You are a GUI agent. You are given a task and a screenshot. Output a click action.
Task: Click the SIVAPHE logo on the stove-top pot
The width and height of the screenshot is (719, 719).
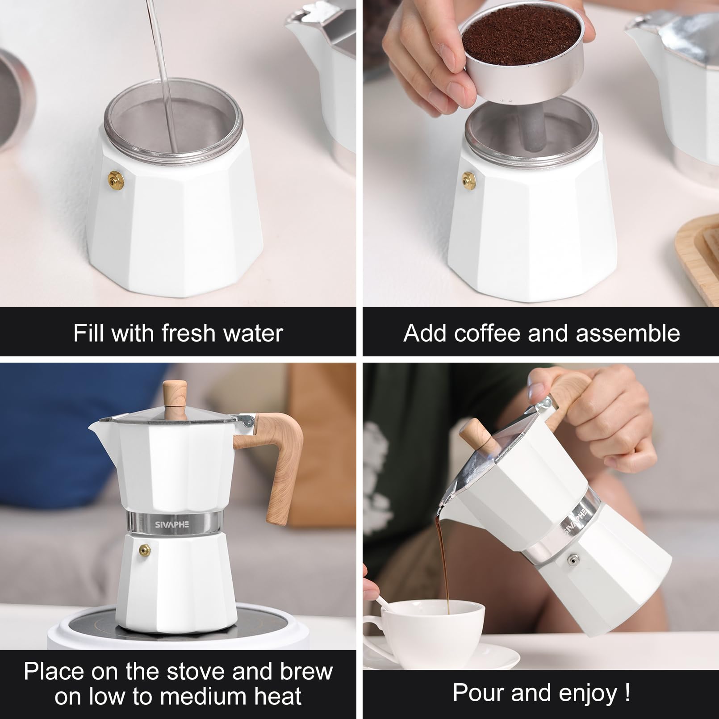click(x=172, y=524)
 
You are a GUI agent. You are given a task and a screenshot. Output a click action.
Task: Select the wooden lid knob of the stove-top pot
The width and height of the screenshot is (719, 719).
click(x=174, y=397)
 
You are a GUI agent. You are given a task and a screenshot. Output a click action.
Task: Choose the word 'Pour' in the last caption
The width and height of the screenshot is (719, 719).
click(x=478, y=693)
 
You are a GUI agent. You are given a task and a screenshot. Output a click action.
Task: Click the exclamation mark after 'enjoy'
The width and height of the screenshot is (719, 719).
click(x=627, y=692)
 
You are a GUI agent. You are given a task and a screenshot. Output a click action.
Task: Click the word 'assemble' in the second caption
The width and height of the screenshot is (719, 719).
click(x=628, y=333)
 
